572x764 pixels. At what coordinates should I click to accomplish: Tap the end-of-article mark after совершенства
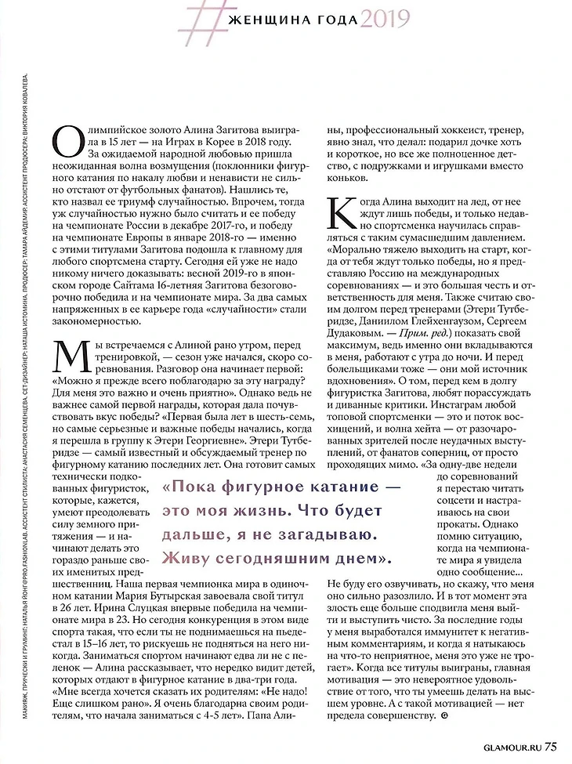446,717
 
